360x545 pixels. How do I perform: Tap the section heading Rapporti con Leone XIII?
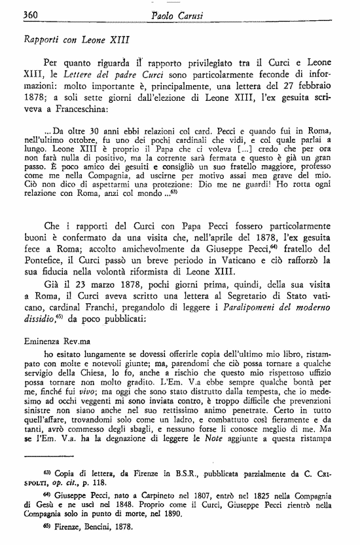[x=75, y=39]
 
